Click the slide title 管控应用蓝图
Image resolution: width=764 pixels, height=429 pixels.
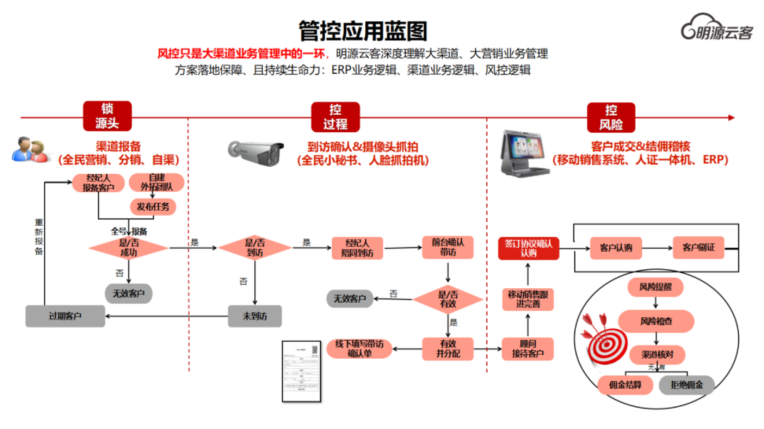point(363,31)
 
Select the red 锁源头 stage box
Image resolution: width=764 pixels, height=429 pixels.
point(107,116)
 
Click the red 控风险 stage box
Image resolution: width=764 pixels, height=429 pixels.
point(611,118)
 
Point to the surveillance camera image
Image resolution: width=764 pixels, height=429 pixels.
point(255,153)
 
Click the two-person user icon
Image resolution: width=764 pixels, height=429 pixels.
point(29,150)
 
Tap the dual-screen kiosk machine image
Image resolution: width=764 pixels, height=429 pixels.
point(523,154)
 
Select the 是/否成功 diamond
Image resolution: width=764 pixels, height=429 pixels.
point(129,248)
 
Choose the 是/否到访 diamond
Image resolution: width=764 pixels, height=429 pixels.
point(255,248)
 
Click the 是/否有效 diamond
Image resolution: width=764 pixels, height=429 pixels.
point(448,299)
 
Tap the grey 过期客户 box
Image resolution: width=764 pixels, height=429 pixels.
point(65,316)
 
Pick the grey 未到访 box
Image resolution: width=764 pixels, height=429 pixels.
point(255,316)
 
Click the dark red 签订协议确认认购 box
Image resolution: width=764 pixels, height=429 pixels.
point(528,248)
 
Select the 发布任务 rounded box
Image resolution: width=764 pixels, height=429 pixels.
point(153,207)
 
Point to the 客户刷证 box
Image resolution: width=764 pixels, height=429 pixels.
point(698,248)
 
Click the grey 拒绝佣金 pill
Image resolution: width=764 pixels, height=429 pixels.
point(686,385)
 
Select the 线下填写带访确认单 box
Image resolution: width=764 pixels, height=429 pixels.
point(359,349)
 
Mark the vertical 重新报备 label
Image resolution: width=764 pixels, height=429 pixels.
point(39,237)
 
